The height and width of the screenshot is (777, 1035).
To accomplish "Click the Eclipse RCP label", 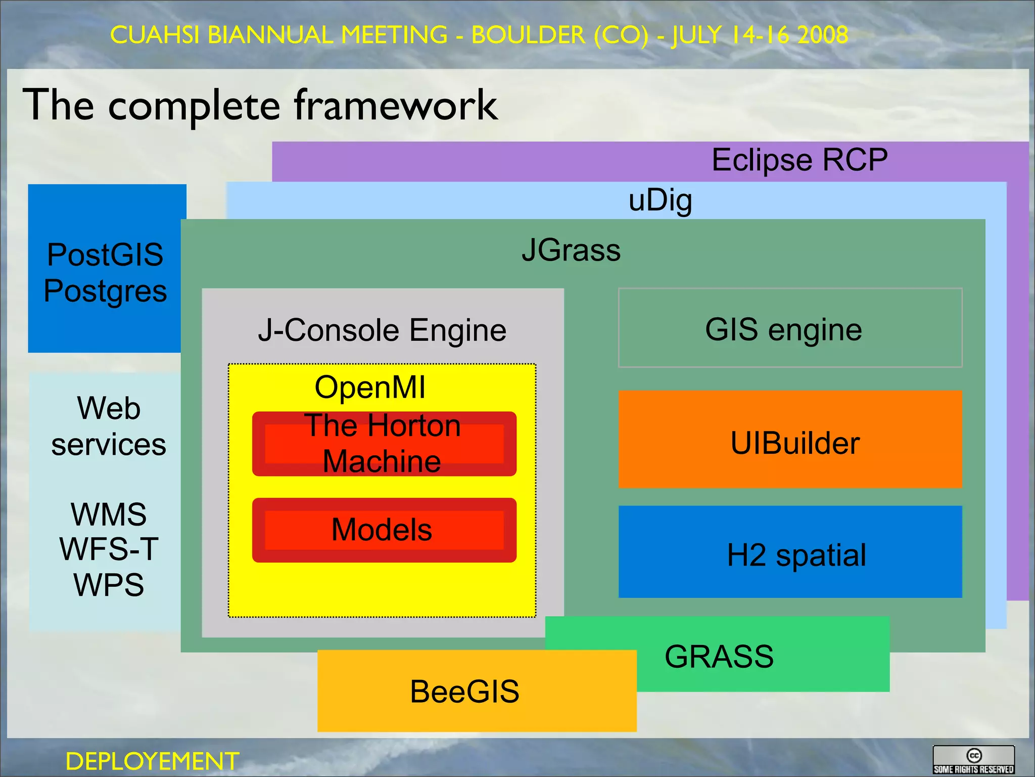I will pyautogui.click(x=799, y=160).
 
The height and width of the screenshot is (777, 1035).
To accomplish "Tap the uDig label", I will pyautogui.click(x=660, y=200).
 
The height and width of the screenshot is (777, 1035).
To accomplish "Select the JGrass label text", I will pyautogui.click(x=571, y=250).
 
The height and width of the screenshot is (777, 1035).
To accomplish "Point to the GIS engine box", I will pyautogui.click(x=789, y=328).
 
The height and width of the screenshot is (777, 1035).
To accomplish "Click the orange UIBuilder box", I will pyautogui.click(x=789, y=440).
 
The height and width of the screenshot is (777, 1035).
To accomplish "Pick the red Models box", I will pyautogui.click(x=384, y=530).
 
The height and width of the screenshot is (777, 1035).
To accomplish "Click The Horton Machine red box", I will pyautogui.click(x=384, y=444).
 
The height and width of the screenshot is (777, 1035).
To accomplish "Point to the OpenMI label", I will pyautogui.click(x=370, y=387).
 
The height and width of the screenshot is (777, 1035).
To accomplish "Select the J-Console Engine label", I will pyautogui.click(x=382, y=330).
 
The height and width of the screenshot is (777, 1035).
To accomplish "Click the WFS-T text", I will pyautogui.click(x=109, y=549).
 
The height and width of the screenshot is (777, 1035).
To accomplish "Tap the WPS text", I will pyautogui.click(x=109, y=585).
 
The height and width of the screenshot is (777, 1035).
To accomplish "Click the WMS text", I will pyautogui.click(x=109, y=514).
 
